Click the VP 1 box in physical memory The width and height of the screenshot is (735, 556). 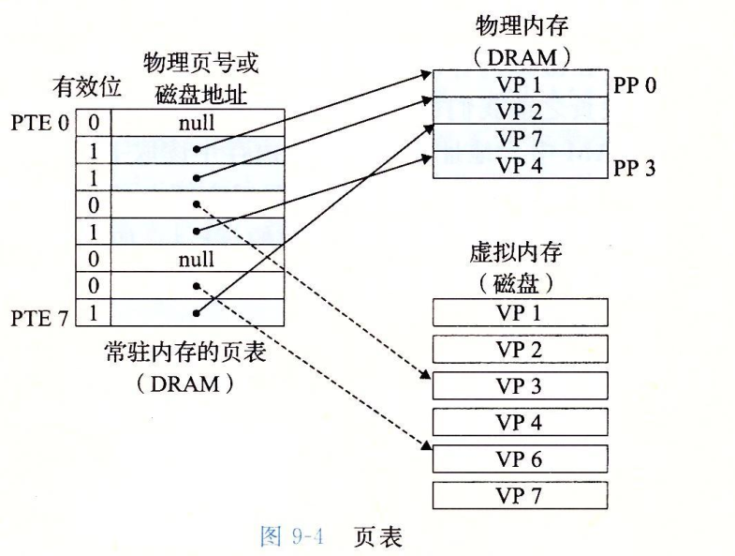(521, 83)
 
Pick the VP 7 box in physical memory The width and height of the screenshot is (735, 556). (521, 138)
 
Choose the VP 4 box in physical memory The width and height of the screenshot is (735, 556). (521, 165)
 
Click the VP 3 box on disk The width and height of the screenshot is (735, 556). (521, 385)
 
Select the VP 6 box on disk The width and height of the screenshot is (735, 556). (521, 458)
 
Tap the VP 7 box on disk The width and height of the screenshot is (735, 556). (521, 494)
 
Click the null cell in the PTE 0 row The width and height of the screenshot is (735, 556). (196, 122)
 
